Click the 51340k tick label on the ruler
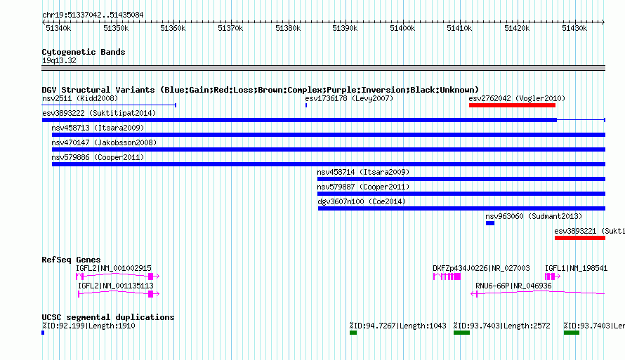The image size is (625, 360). (58, 28)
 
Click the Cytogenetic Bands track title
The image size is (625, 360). (84, 52)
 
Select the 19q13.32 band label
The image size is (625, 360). (59, 60)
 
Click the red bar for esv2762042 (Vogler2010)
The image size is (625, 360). (512, 105)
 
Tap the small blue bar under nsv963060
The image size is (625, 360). (490, 223)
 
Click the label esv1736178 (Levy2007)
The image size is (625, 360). (349, 98)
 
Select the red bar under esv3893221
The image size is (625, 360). (579, 238)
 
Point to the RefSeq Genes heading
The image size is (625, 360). (71, 260)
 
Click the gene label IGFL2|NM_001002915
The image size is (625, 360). (114, 268)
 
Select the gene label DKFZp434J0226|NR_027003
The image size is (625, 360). (481, 268)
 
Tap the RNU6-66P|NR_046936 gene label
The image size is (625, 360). (513, 286)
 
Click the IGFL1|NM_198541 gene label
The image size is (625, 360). (576, 268)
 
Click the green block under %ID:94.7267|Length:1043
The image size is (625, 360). (353, 333)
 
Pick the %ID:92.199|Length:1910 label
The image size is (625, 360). (88, 326)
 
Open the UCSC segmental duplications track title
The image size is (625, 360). (108, 317)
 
